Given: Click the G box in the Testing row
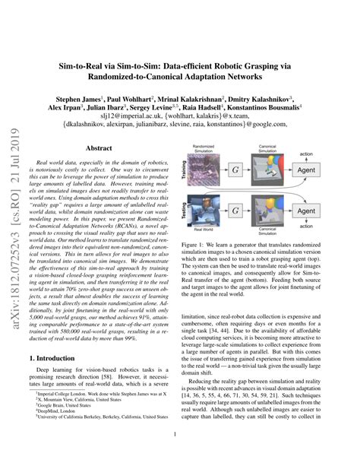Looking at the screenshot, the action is [237, 213].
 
